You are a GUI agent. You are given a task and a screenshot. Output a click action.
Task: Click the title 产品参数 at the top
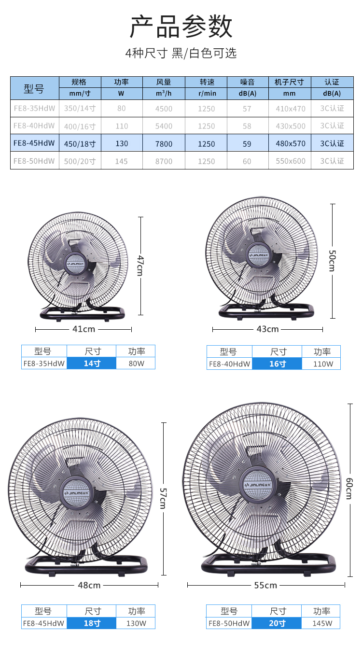181,27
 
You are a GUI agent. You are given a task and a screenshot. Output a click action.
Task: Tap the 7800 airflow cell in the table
164,144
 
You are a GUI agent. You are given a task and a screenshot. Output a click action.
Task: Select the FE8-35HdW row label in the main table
34,108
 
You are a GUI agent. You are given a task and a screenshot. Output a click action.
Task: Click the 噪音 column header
248,82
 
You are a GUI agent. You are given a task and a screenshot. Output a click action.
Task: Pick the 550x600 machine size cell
290,161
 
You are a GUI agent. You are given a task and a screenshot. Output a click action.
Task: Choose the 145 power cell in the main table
121,161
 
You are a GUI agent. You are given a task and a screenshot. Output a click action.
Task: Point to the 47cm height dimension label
140,266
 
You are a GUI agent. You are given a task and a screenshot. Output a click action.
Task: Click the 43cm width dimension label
267,329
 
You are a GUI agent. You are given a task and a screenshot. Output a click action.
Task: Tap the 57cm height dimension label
163,498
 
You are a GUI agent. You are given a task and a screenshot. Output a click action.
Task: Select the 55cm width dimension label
265,585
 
